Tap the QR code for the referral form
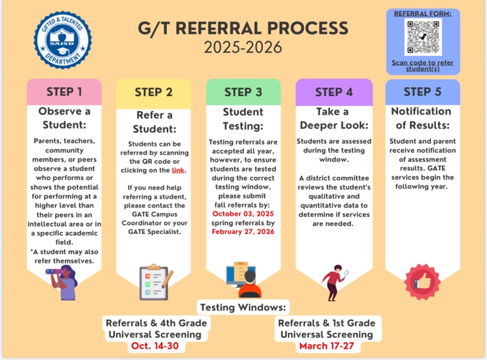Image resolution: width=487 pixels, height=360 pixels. click(x=423, y=36)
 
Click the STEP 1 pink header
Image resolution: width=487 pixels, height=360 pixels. click(x=64, y=92)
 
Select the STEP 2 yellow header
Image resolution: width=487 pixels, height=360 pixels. click(x=154, y=92)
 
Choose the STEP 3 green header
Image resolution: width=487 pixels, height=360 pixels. click(x=243, y=92)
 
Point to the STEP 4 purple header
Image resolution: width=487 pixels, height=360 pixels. click(x=334, y=92)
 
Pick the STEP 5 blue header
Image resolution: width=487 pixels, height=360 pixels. click(x=423, y=92)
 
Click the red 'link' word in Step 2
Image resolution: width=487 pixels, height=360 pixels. click(x=178, y=170)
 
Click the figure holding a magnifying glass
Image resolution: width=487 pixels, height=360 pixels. click(x=334, y=281)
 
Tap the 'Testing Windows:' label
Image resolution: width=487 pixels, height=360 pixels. click(x=244, y=307)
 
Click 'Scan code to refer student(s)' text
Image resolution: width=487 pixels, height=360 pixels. click(x=423, y=66)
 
